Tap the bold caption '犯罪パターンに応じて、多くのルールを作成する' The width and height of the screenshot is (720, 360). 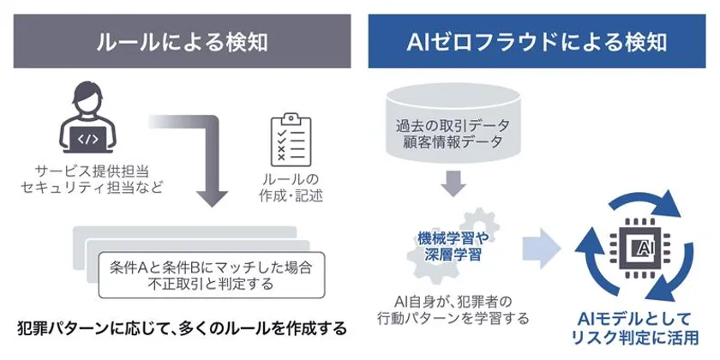[x=183, y=328]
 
